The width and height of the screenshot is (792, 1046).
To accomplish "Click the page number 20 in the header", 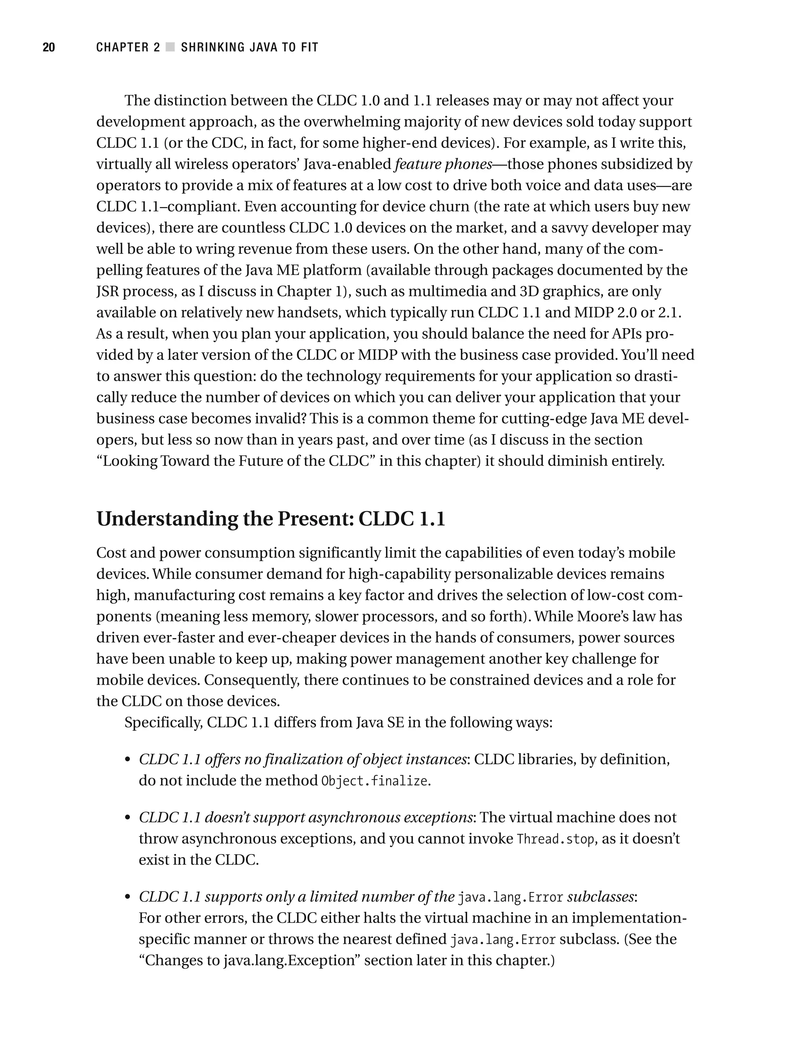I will (x=49, y=47).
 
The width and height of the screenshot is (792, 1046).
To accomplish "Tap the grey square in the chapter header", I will (x=170, y=47).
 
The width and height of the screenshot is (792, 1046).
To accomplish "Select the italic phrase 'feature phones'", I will (x=443, y=164).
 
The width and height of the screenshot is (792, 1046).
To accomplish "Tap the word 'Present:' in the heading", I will (x=316, y=519).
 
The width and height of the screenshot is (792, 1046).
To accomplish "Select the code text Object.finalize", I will (x=374, y=781).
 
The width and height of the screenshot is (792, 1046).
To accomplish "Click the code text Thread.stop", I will (x=556, y=839).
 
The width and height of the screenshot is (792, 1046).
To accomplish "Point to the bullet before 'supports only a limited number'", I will (x=127, y=897).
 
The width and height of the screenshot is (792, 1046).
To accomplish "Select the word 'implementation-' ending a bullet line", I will (x=628, y=918).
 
